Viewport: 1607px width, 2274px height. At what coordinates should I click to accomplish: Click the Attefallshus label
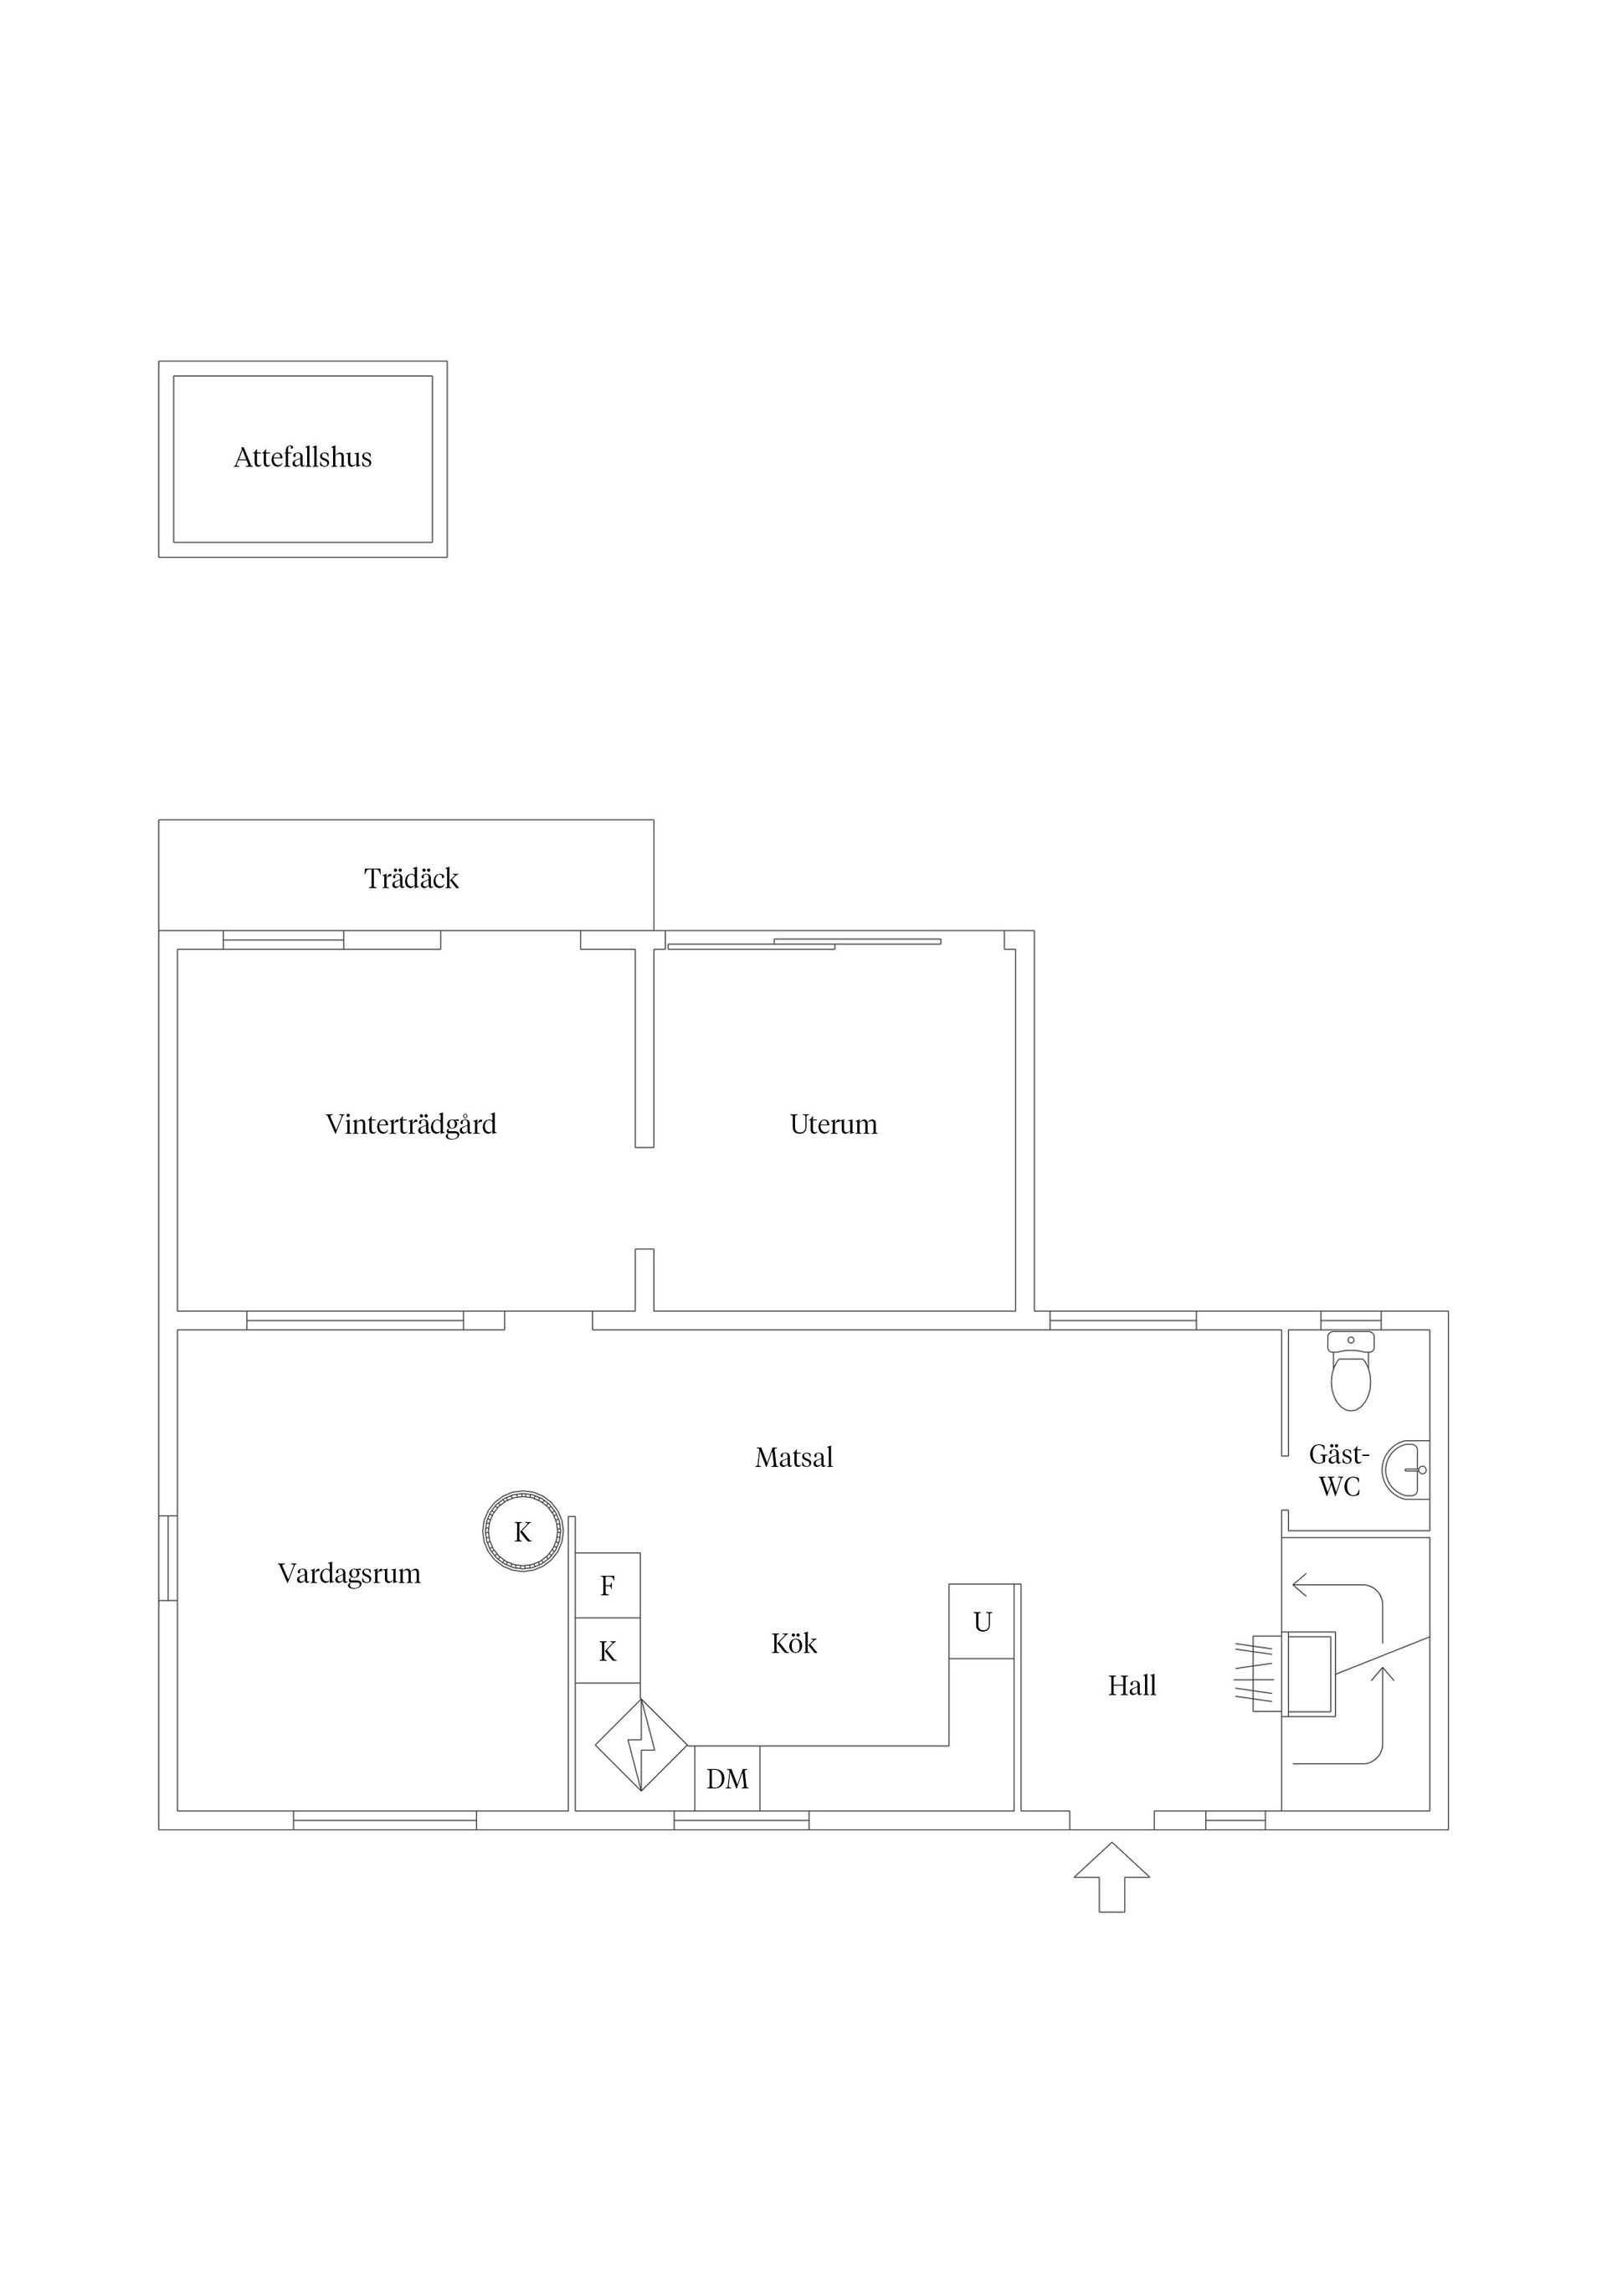tap(303, 458)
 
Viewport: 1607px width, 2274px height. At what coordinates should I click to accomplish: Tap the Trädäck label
tap(411, 878)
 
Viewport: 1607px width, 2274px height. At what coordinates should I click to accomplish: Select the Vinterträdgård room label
tap(411, 1125)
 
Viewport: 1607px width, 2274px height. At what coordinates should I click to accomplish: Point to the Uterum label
tap(834, 1124)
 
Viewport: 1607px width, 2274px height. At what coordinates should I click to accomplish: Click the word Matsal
tap(794, 1457)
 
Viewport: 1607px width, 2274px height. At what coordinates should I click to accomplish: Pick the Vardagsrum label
tap(350, 1574)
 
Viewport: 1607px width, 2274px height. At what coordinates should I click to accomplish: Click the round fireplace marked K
tap(523, 1532)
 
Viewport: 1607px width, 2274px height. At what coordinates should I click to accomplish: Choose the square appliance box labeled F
tap(608, 1586)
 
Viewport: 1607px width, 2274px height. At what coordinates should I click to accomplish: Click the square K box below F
tap(608, 1651)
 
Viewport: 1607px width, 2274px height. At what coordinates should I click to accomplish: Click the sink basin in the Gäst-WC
tap(1407, 1469)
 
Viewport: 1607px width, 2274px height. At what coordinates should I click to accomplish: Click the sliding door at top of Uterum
tap(804, 943)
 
